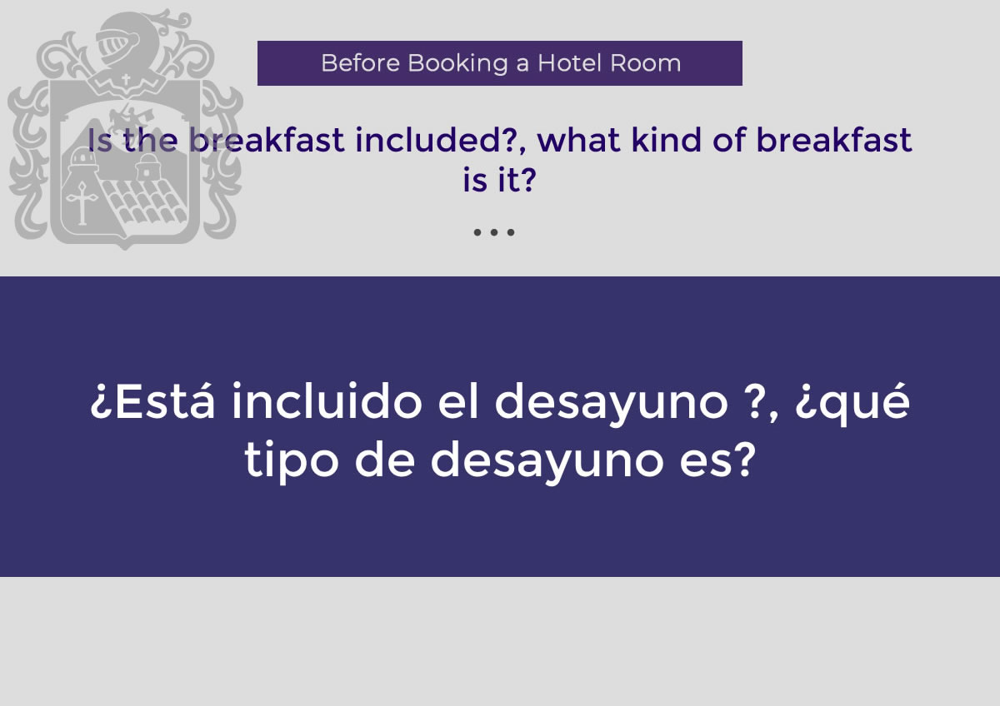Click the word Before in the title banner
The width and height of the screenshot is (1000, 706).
pos(360,63)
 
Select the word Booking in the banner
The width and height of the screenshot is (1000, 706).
pos(457,64)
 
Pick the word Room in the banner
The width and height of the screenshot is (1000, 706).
pos(645,63)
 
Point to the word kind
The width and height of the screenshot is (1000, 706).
pos(666,140)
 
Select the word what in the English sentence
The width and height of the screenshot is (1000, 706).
pos(578,140)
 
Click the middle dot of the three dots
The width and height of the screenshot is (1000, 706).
pos(493,232)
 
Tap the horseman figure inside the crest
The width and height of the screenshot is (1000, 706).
pos(129,118)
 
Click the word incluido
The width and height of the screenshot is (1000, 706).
pos(327,400)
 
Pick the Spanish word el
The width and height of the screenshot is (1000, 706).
pos(458,400)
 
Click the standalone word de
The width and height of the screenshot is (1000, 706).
pos(385,459)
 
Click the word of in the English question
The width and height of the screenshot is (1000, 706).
pos(728,140)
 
